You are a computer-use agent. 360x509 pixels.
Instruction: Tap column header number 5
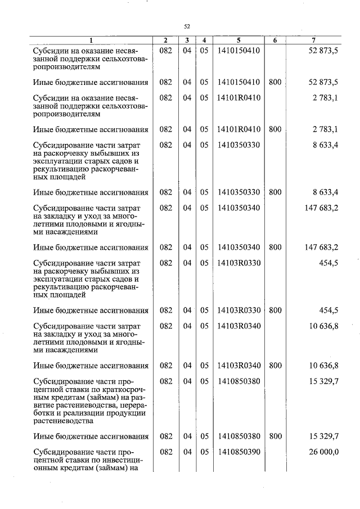click(238, 40)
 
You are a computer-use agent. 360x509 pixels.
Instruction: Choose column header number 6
click(274, 40)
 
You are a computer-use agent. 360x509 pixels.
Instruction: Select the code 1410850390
click(238, 451)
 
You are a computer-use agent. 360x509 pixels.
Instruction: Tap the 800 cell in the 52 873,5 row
click(274, 83)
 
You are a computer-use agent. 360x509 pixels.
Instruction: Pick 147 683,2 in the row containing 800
click(321, 247)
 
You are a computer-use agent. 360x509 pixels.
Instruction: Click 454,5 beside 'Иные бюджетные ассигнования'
click(327, 310)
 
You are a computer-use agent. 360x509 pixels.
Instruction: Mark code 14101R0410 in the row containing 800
click(238, 130)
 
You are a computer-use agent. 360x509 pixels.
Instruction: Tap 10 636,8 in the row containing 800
click(323, 366)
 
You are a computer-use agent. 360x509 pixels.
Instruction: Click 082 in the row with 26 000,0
click(165, 451)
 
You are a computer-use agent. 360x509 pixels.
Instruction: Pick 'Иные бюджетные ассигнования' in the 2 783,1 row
click(90, 130)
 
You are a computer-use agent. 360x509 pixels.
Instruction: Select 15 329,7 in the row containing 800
click(323, 436)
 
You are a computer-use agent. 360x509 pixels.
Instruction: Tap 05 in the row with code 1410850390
click(204, 451)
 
